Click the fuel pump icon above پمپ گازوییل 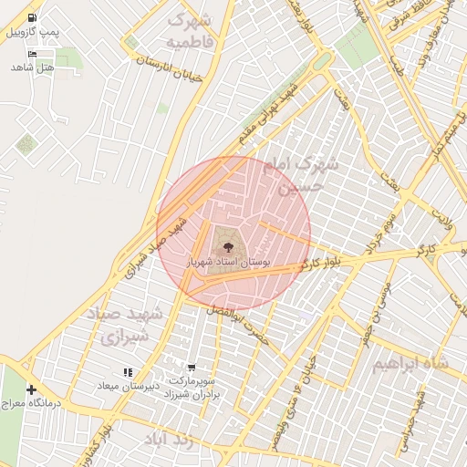tap(34, 17)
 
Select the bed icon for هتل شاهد tap(34, 54)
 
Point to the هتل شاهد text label tap(33, 67)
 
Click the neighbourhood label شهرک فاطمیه tap(190, 30)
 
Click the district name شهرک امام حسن tap(301, 175)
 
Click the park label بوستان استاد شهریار tap(228, 262)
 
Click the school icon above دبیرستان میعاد tap(129, 372)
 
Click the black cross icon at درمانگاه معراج tap(31, 389)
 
